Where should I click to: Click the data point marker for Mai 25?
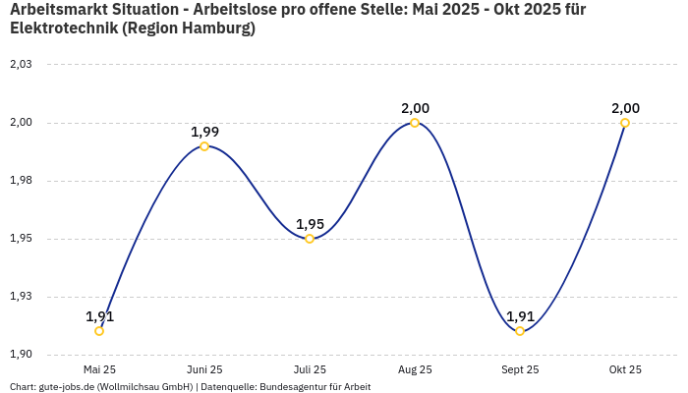tap(99, 331)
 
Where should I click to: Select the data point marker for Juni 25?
tap(204, 146)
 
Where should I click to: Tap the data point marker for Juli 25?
tap(310, 239)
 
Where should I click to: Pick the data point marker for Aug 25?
tap(415, 123)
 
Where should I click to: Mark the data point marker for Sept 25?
tap(520, 331)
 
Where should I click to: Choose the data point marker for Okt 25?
tap(625, 123)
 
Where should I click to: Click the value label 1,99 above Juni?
tap(204, 132)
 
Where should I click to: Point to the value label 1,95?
tap(310, 224)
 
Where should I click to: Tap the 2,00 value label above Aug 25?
tap(415, 108)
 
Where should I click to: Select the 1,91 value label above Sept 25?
tap(520, 316)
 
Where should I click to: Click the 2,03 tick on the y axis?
tap(21, 65)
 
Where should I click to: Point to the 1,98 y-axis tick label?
tap(21, 181)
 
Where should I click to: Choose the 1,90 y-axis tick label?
tap(21, 355)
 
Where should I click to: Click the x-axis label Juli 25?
tap(310, 369)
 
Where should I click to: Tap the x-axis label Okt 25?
tap(625, 369)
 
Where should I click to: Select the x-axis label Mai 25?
tap(99, 369)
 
